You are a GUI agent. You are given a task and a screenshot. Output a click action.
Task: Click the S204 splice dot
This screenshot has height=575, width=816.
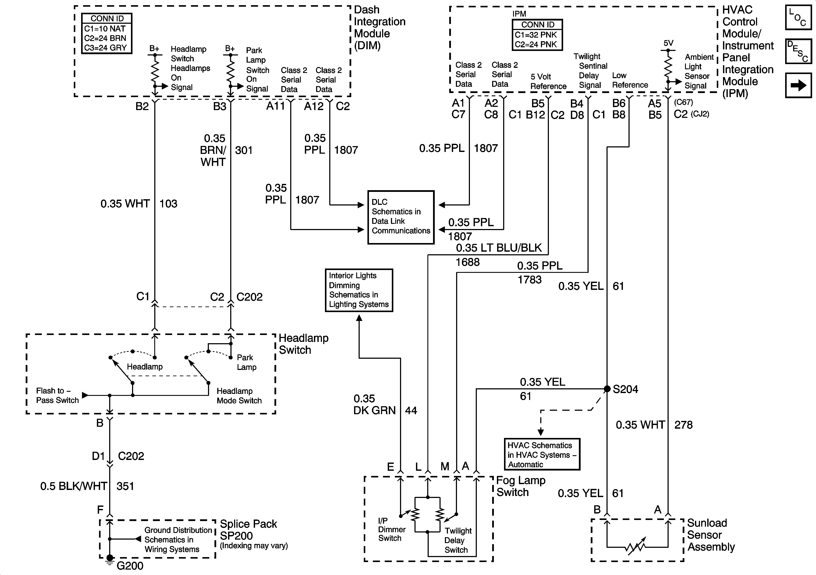[x=607, y=389]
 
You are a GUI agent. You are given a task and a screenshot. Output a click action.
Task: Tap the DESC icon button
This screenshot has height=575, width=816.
[x=798, y=51]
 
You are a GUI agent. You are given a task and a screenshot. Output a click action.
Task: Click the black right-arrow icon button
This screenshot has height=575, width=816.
[x=798, y=85]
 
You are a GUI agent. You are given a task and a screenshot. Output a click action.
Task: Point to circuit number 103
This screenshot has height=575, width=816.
[x=168, y=204]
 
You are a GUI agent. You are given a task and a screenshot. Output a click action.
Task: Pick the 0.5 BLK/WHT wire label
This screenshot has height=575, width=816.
[x=74, y=486]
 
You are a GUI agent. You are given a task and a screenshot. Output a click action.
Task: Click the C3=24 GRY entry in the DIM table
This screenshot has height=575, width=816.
[x=105, y=48]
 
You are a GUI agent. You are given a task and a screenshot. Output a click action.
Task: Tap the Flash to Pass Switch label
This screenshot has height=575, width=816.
[x=57, y=395]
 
